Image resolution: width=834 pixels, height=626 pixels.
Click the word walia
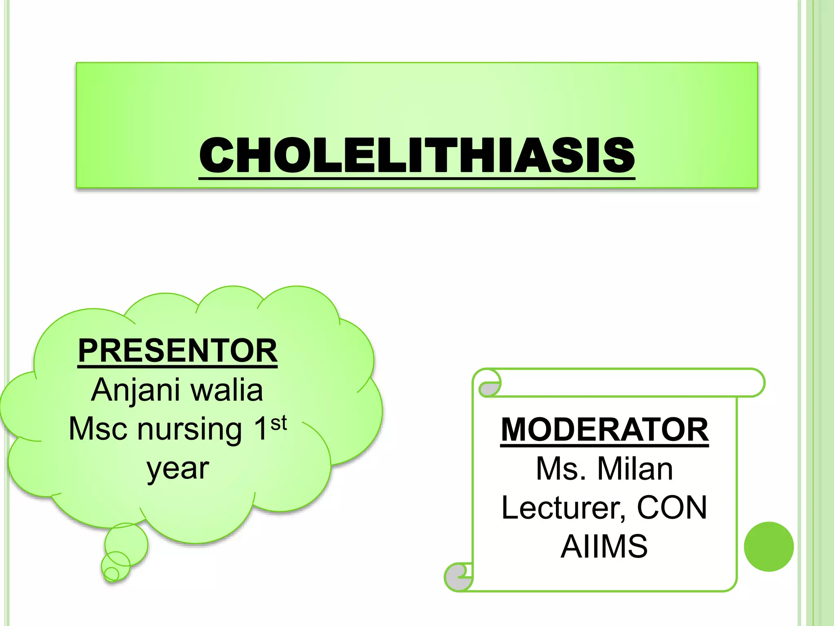[x=227, y=390]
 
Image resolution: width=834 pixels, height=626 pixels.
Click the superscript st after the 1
[x=279, y=423]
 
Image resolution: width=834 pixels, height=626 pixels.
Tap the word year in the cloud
[x=178, y=469]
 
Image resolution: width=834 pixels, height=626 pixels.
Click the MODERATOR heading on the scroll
[x=604, y=430]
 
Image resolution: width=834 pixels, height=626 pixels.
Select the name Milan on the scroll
[x=635, y=469]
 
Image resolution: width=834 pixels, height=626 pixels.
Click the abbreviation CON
[x=672, y=507]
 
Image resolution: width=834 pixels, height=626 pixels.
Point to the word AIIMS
[x=604, y=546]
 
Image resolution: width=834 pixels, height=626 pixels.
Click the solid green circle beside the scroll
[x=768, y=546]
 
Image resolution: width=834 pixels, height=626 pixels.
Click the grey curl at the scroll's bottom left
[x=457, y=578]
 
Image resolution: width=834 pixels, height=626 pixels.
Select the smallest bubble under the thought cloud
[x=111, y=574]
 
